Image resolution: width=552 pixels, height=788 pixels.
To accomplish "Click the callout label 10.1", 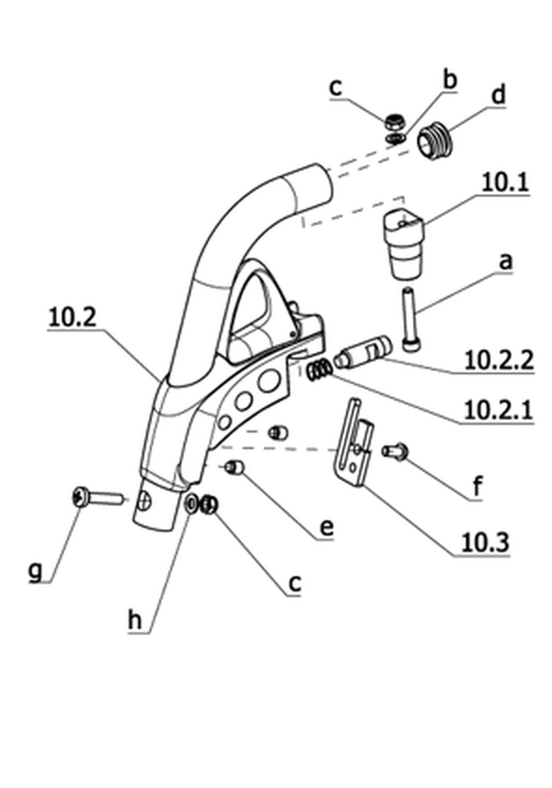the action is point(505,182).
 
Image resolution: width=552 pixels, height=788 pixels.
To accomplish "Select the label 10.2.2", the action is point(499,359).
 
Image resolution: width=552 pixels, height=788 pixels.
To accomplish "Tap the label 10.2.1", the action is point(499,410).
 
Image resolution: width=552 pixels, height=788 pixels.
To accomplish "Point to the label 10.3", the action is point(485,542).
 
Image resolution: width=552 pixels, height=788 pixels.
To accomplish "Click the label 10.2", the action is point(72,317).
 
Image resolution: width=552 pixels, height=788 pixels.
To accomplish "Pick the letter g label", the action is point(36,570).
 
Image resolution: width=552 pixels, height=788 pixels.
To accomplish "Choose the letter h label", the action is point(135,620).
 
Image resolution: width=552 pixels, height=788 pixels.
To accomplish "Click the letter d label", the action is point(498,95).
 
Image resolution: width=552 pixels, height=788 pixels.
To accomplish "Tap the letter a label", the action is point(506,261).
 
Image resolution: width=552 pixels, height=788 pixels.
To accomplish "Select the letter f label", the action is point(478,487).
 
